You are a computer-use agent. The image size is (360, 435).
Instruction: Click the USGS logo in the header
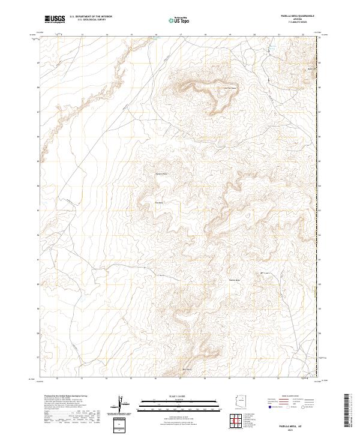pyautogui.click(x=55, y=19)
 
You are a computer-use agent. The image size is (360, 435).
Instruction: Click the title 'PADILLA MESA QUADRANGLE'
pyautogui.click(x=297, y=16)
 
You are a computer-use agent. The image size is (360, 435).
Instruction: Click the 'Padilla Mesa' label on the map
pyautogui.click(x=235, y=280)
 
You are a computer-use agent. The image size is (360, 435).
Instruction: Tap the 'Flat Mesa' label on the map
pyautogui.click(x=160, y=203)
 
